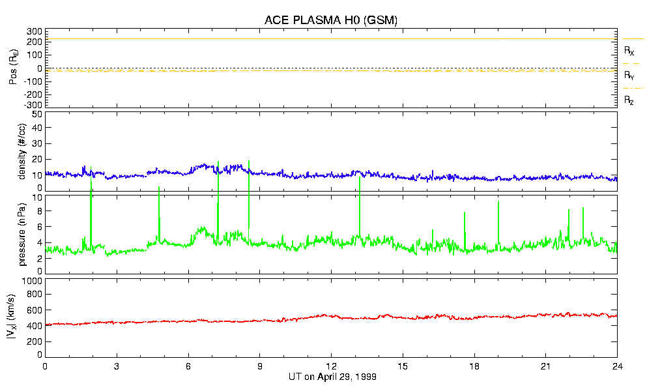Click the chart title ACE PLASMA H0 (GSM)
point(330,20)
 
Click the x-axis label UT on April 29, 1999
point(332,377)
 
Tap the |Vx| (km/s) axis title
point(21,317)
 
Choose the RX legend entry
point(629,50)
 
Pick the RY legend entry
point(629,76)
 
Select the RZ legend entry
point(629,100)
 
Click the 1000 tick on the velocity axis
point(31,281)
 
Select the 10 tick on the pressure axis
point(36,197)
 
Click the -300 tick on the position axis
point(32,105)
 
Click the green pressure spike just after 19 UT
point(498,203)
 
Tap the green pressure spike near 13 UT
point(360,179)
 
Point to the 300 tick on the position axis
point(33,31)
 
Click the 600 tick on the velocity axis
point(34,311)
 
